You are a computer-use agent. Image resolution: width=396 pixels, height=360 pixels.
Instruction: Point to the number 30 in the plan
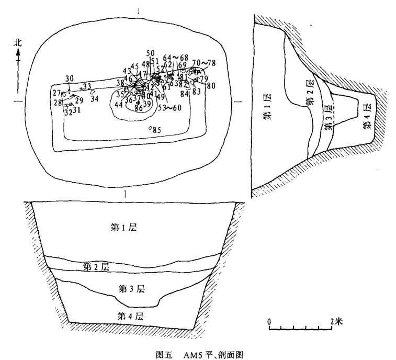coord(69,79)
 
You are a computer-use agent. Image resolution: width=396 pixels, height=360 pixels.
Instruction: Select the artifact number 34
coord(94,98)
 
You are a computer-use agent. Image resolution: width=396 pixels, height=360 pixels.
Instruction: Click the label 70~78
coord(203,63)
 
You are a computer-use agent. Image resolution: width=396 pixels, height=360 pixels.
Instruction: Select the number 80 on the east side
coord(211,86)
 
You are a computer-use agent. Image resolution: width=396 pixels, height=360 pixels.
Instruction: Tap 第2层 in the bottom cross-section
coord(96,266)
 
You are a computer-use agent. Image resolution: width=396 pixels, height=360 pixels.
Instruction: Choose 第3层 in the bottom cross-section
coord(131,288)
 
